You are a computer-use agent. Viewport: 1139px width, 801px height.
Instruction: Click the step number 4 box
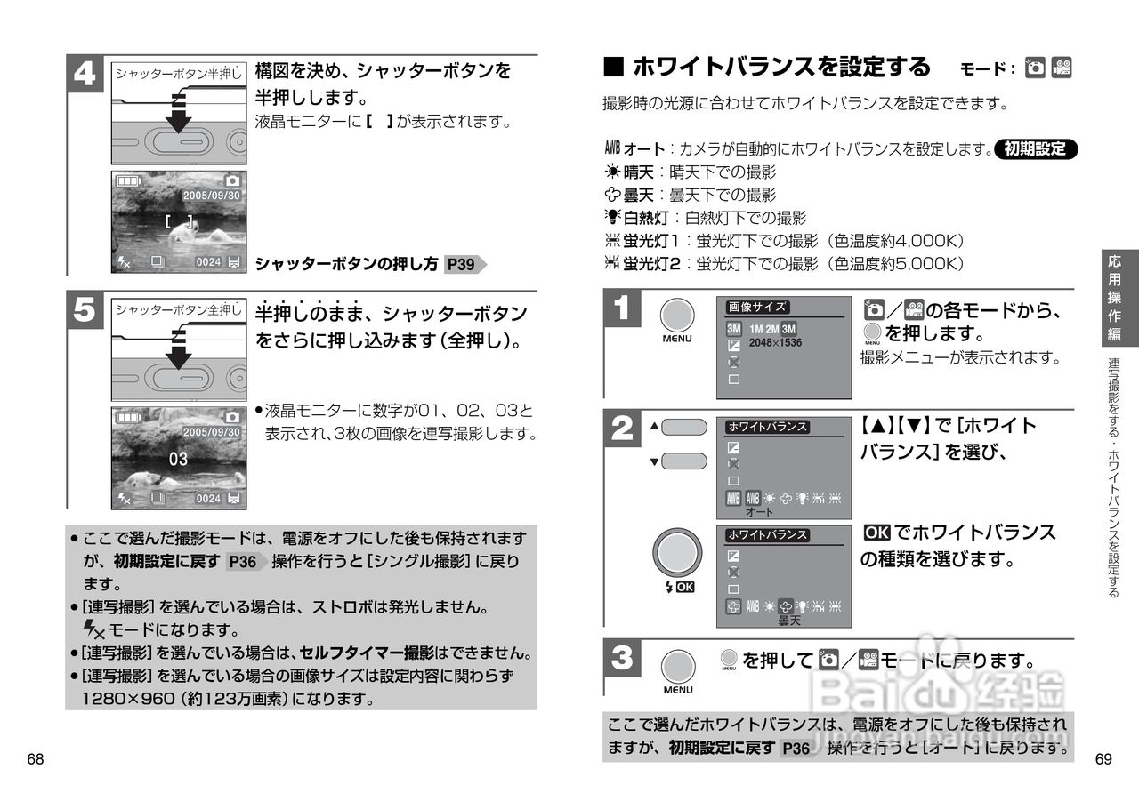[x=85, y=75]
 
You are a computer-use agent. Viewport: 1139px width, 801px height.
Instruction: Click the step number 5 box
[x=85, y=310]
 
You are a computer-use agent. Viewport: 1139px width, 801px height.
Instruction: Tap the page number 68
[x=36, y=759]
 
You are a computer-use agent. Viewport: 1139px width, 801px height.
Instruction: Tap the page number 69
[x=1103, y=759]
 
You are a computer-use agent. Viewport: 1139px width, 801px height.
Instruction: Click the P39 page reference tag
[x=462, y=264]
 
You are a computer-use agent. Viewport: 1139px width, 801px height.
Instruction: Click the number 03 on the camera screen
[x=178, y=459]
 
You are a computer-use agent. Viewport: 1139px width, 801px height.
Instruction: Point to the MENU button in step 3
[x=677, y=668]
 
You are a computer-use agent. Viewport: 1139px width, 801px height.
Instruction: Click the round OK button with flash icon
[x=676, y=554]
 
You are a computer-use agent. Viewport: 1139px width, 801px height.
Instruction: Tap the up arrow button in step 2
[x=683, y=427]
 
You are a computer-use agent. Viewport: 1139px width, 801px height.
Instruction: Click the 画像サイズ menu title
[x=757, y=307]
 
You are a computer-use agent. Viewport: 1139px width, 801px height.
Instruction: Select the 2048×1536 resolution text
[x=775, y=342]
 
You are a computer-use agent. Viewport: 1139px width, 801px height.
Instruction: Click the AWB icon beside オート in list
[x=611, y=148]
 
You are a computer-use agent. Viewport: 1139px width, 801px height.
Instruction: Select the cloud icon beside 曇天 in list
[x=611, y=194]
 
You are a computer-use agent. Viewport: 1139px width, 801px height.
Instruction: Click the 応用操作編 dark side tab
[x=1114, y=298]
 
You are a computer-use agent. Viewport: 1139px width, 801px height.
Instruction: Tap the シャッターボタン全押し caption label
[x=178, y=309]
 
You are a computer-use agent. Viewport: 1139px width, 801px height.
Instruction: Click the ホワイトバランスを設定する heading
[x=780, y=67]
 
